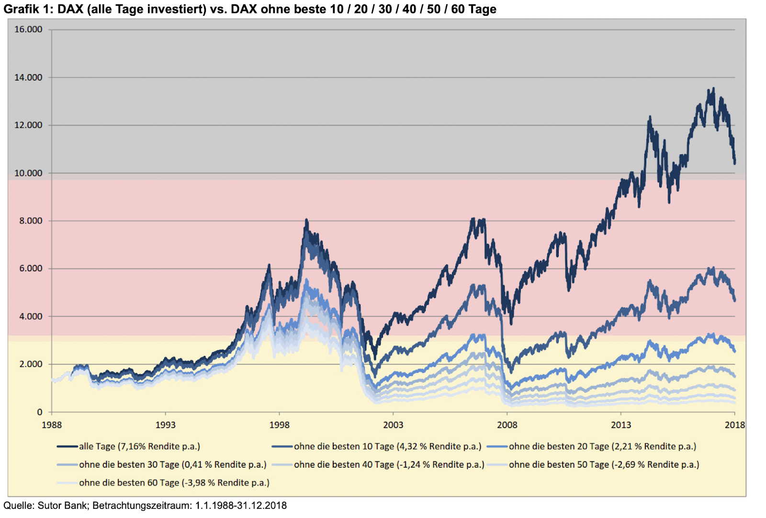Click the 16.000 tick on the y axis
coord(28,29)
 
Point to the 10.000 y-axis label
coord(28,173)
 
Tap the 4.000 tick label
coord(31,316)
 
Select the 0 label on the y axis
coord(40,412)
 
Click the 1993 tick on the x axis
coord(166,425)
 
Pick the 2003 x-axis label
coord(393,425)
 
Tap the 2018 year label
coord(735,425)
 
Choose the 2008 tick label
coord(507,425)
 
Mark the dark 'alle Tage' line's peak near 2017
coord(713,89)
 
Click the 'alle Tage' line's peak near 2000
coord(306,220)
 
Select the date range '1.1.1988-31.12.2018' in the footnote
coord(241,506)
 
